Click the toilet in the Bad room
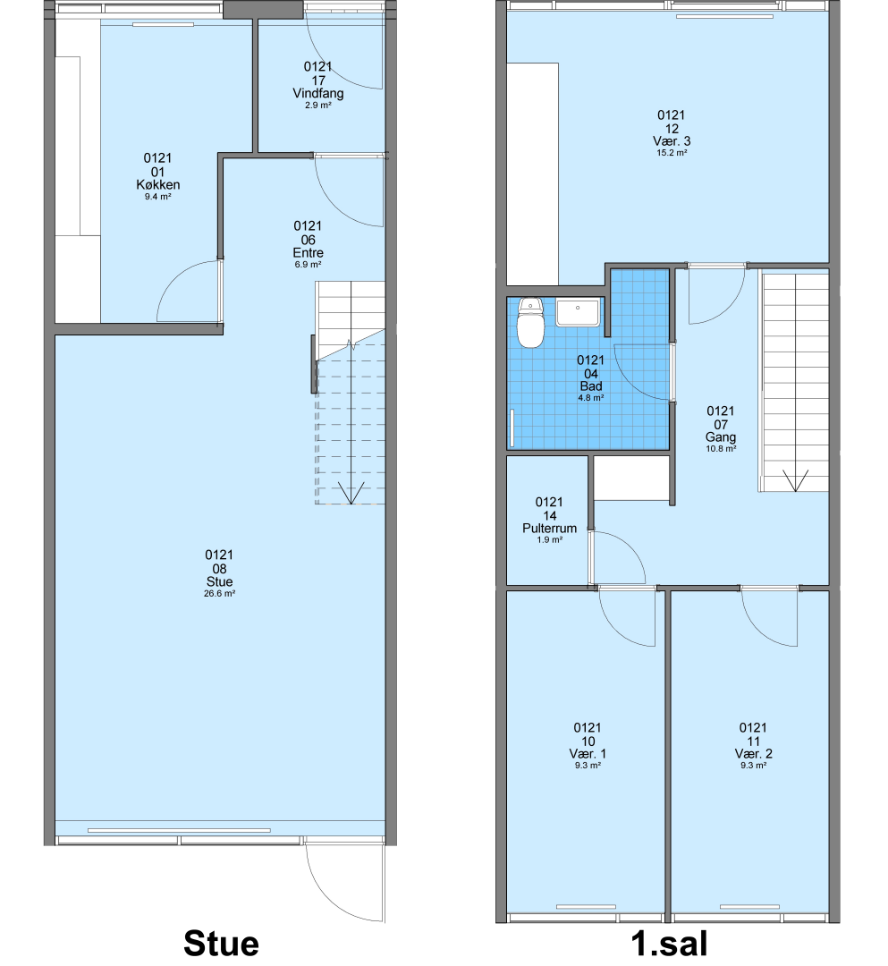coord(530,322)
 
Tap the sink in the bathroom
coord(578,313)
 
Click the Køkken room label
coord(158,185)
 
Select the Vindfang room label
coord(317,94)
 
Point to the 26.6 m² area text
coord(220,594)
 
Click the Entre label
coord(308,253)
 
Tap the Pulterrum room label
coord(549,529)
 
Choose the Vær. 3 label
coord(672,141)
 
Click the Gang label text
coord(721,437)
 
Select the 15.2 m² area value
coord(672,153)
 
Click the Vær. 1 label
coord(588,754)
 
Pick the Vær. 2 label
coord(753,754)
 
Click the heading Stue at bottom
coord(221,944)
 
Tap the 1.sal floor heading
coord(669,944)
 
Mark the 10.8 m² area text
coord(721,449)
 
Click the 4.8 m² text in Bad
coord(590,398)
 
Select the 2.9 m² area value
coord(317,106)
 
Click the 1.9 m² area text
coord(549,539)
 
